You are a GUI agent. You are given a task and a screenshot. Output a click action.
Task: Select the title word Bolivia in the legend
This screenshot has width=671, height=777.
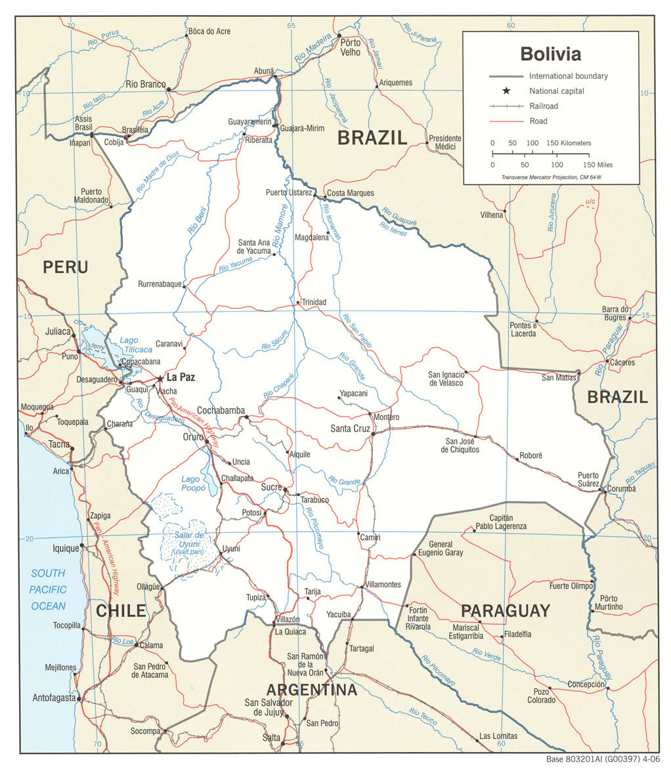pos(550,53)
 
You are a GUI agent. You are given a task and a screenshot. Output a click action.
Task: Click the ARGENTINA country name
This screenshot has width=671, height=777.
pos(311,690)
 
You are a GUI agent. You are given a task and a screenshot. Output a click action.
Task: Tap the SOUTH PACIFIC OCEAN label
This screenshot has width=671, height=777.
pos(49,589)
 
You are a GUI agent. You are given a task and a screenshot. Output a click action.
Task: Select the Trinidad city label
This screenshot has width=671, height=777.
pos(314,302)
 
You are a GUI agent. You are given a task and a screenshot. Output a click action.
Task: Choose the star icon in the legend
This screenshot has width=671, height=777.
pos(506,91)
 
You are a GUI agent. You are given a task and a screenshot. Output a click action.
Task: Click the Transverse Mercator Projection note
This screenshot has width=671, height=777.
pos(552,177)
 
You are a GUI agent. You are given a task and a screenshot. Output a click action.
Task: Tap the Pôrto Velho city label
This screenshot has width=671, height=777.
pos(350,47)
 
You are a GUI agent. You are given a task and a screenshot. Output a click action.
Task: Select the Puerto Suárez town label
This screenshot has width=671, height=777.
pos(588,480)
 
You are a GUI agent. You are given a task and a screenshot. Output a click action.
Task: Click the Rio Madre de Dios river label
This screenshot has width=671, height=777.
pos(148,173)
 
